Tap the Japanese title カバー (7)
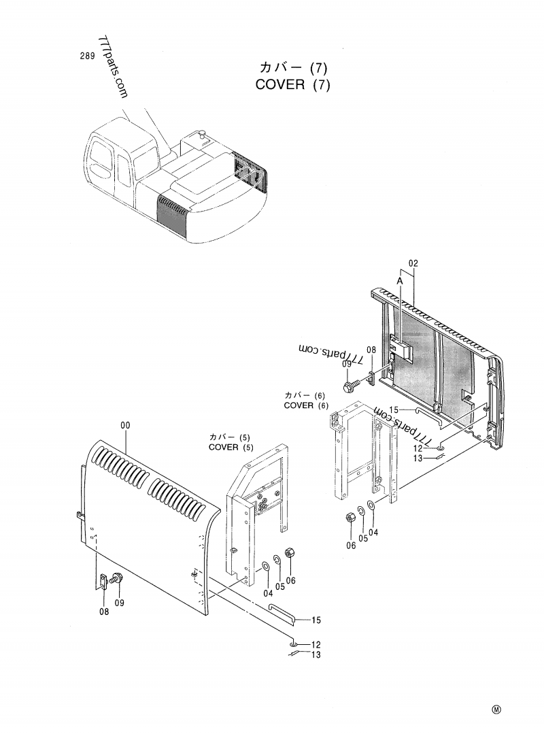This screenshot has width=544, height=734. (x=294, y=67)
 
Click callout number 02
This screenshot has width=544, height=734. (x=413, y=263)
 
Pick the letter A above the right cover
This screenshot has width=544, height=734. (x=400, y=280)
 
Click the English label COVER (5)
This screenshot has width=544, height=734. (x=231, y=447)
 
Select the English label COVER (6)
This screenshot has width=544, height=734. (x=306, y=405)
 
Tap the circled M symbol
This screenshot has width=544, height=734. (x=496, y=710)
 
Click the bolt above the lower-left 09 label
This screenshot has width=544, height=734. (x=117, y=579)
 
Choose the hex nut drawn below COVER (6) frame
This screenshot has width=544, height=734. (x=352, y=516)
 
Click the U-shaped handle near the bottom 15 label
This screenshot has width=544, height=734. (x=280, y=611)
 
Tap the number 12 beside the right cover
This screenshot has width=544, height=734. (x=418, y=448)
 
